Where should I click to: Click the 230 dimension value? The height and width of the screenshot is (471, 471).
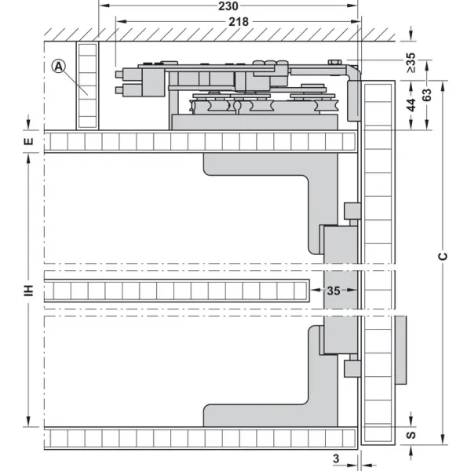228,6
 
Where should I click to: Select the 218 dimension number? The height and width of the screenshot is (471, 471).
239,22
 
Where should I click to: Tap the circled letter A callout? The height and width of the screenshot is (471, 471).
59,66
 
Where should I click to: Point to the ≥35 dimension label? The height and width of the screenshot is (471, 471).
411,63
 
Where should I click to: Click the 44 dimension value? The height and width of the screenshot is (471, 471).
411,105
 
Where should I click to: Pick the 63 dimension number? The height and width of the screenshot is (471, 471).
427,95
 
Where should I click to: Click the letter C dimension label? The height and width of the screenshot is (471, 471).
443,256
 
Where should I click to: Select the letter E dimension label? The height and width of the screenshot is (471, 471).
28,141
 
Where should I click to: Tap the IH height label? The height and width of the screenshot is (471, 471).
28,290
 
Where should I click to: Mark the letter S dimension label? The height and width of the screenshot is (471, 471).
411,435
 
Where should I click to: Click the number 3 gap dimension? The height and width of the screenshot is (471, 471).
336,458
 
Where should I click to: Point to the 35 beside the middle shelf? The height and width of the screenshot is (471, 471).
334,290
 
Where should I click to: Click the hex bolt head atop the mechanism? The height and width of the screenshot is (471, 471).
334,63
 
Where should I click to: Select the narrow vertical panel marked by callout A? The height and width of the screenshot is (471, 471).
87,86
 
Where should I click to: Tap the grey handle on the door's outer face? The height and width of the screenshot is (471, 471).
400,349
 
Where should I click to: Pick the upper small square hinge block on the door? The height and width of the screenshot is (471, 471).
352,211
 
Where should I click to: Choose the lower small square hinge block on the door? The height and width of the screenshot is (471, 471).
352,369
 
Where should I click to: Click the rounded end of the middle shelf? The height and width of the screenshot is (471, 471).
309,290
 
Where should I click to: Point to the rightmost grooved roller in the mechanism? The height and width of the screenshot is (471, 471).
327,106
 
